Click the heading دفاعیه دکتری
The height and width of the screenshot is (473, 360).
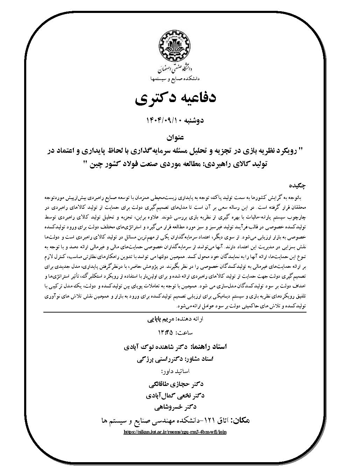[x=176, y=98]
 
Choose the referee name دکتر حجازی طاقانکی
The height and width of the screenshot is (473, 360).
[x=176, y=384]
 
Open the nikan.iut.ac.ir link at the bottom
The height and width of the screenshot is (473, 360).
[x=176, y=432]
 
